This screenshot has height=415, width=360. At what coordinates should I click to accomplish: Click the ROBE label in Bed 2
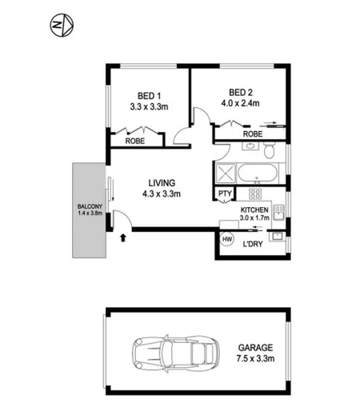[x=252, y=135]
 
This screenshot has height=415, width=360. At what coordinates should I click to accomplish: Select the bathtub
[x=257, y=174]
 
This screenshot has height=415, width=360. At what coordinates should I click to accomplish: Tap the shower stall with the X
[x=225, y=174]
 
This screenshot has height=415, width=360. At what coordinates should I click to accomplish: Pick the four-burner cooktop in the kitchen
[x=256, y=194]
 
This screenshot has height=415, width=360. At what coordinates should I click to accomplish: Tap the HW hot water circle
[x=226, y=240]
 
